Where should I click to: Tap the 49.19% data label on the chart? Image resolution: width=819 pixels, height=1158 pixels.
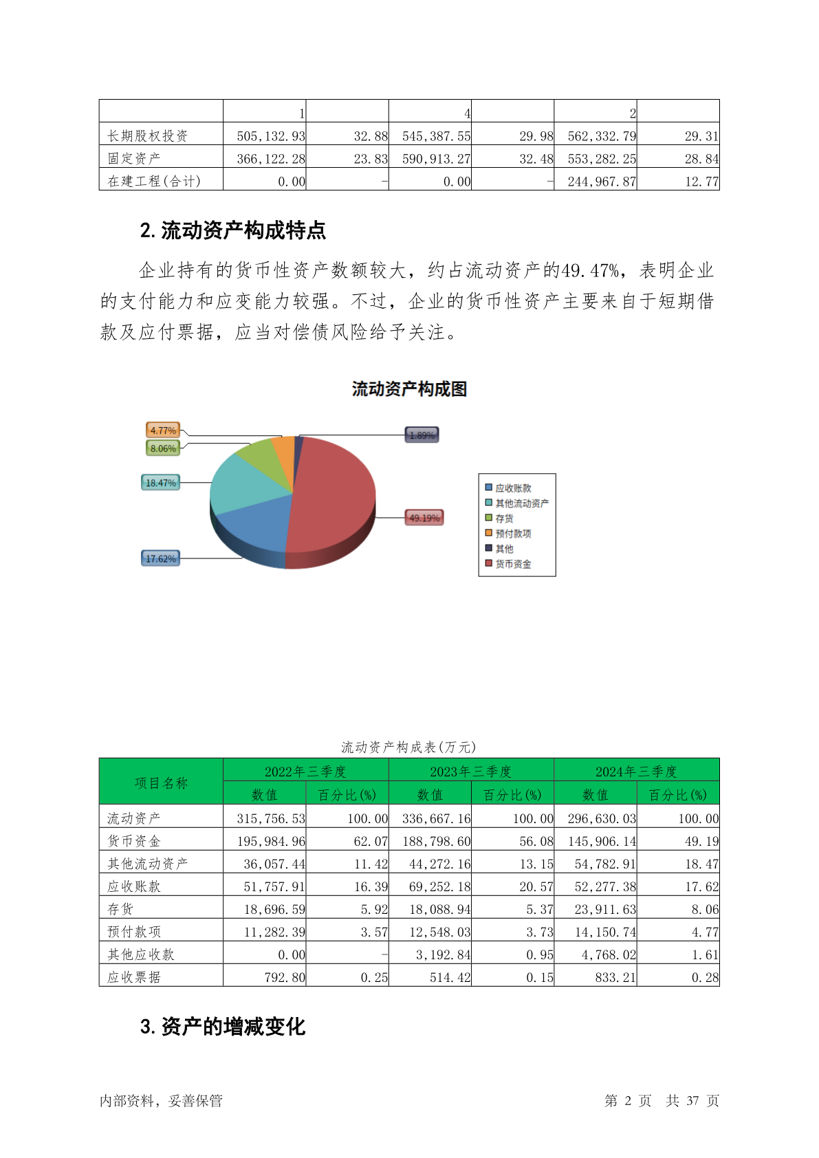(x=424, y=518)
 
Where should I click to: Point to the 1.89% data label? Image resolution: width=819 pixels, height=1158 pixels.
(x=422, y=435)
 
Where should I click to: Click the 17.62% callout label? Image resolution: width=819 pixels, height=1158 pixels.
(x=161, y=558)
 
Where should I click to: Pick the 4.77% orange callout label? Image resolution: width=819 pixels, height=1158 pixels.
(x=163, y=430)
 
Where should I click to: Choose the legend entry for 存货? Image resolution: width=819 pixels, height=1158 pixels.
(x=504, y=518)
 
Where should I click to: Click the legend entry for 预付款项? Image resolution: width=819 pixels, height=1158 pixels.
(x=513, y=534)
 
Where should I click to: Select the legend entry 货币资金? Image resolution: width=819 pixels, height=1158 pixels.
(x=513, y=564)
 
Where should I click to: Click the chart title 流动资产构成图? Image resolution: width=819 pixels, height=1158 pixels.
(x=409, y=389)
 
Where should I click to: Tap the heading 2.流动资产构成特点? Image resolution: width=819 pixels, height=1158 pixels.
(x=232, y=231)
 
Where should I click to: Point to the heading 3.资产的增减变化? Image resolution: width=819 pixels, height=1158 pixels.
(x=222, y=1027)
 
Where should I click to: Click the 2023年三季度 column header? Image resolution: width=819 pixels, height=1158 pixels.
(x=471, y=771)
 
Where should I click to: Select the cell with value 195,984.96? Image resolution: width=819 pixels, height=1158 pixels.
(x=271, y=841)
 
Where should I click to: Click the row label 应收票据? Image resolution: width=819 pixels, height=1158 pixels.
(x=134, y=977)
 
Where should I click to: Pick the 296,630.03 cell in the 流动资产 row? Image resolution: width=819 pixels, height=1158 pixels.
(x=602, y=818)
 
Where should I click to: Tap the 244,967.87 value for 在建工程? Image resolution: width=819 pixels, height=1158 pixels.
(x=602, y=182)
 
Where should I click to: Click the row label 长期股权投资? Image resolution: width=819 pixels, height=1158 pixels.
(x=148, y=136)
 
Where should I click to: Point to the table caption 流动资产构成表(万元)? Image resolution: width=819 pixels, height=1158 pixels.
(x=408, y=747)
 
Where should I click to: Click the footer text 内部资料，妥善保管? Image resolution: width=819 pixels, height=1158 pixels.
(x=161, y=1101)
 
